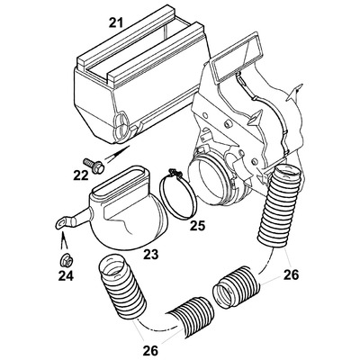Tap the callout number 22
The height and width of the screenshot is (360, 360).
click(81, 175)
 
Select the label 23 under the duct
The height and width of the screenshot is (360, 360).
click(150, 255)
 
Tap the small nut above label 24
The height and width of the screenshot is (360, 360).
click(64, 260)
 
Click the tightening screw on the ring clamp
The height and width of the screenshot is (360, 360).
click(175, 172)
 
